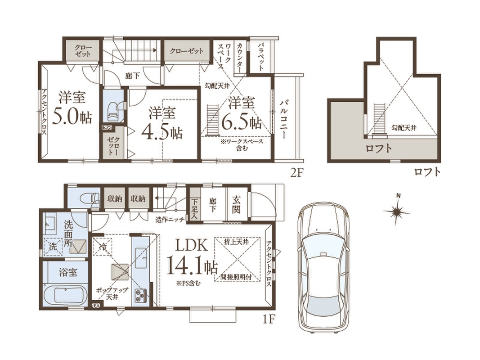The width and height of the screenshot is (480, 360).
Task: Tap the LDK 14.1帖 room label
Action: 192,257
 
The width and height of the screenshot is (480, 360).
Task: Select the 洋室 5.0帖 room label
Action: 72,108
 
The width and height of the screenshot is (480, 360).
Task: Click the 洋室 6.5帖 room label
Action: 242,113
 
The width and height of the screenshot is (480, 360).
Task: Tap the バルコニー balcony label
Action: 283,119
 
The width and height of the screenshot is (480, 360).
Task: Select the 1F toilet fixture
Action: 90,198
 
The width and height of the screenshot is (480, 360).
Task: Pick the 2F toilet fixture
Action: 116,111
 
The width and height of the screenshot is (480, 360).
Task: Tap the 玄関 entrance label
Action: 236,204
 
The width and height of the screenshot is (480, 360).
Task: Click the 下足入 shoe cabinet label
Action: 194,209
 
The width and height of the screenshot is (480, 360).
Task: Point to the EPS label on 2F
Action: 107,127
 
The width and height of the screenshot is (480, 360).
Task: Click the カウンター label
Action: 240,58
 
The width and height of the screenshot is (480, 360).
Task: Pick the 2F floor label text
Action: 296,173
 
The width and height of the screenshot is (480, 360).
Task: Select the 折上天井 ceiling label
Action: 236,242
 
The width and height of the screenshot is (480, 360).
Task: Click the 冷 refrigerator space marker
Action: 103,246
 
